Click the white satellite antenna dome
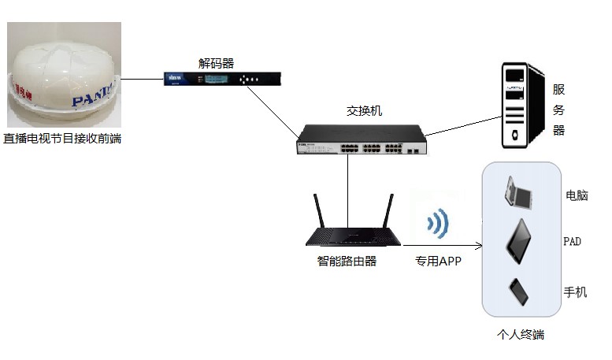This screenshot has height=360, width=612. point(63,75)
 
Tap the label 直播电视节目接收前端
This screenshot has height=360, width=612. point(62,139)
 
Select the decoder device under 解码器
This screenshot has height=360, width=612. point(222,79)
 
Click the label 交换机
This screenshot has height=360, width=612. point(365,110)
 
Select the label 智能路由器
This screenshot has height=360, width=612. point(341,261)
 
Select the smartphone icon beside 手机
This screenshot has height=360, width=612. point(518,293)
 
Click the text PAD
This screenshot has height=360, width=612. point(572,241)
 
